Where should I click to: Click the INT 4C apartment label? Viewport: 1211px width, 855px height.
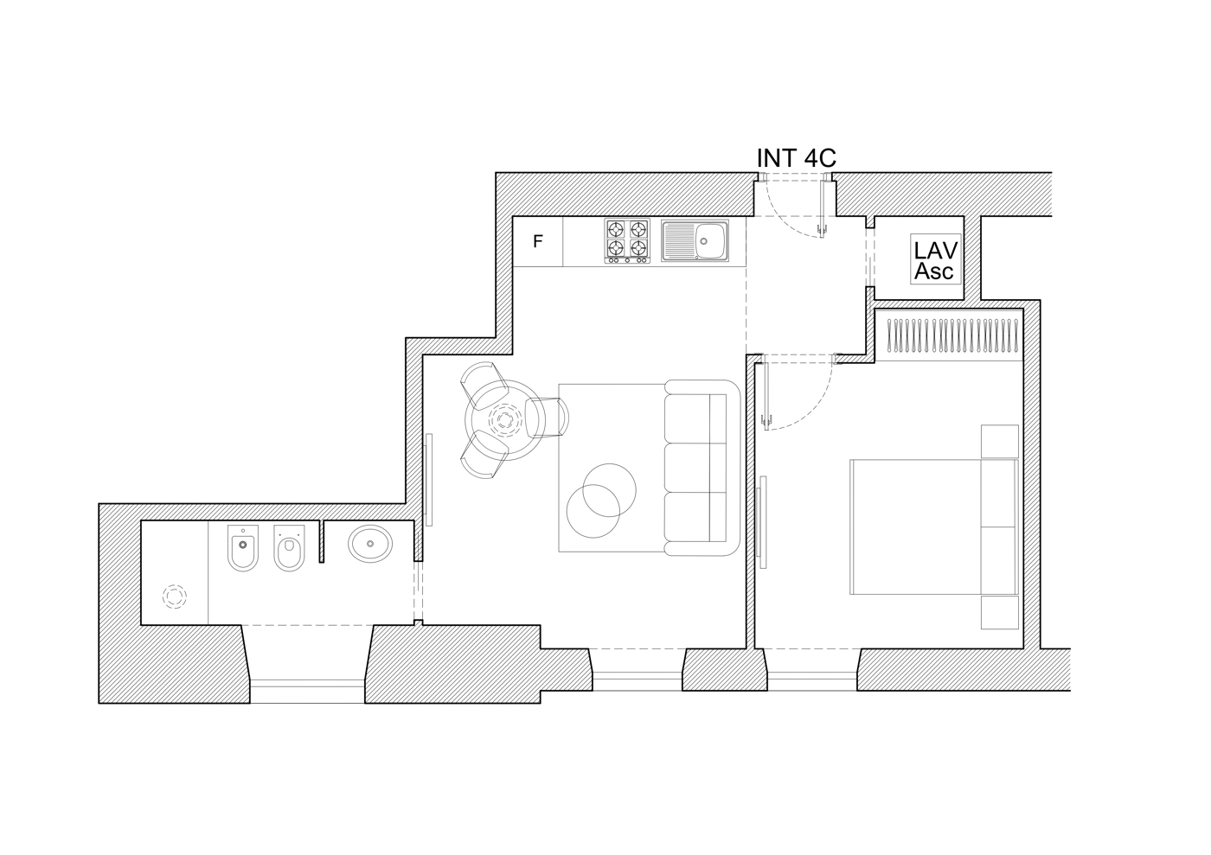pos(797,158)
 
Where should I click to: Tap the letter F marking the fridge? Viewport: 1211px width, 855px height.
pos(537,241)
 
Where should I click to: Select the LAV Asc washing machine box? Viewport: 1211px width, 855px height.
pos(936,258)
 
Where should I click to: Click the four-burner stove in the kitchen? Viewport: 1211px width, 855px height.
pos(627,241)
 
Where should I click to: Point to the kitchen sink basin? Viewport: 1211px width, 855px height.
pos(709,241)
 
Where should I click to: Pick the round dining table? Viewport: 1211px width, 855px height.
pos(504,420)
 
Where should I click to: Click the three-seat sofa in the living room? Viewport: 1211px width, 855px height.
pos(702,468)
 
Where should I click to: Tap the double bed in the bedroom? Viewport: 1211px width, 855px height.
pos(934,527)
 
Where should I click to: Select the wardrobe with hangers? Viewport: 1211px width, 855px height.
pos(949,335)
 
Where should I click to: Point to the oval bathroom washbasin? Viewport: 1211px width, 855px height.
pos(370,545)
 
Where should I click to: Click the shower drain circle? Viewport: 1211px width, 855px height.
pos(175,597)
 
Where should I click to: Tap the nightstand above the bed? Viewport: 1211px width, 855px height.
pos(1000,441)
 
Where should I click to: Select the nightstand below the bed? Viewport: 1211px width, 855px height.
pos(1000,612)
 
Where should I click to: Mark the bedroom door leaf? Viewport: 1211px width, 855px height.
pos(766,397)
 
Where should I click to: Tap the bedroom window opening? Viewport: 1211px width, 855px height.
pos(812,681)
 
